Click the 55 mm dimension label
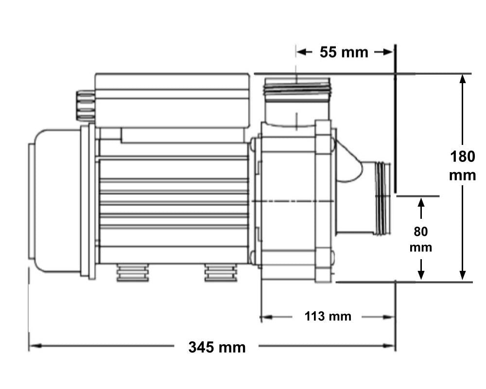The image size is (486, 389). point(344,53)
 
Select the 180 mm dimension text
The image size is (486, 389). point(462,166)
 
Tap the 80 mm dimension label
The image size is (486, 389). point(421,239)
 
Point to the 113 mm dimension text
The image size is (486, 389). point(328,317)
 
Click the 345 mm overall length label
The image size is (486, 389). point(217,347)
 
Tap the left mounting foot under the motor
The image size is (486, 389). point(132,273)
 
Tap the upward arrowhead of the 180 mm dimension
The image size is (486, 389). point(463,81)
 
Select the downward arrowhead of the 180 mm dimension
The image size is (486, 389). point(463,275)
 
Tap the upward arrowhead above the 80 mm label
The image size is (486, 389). point(421,202)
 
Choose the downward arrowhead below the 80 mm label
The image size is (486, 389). point(421,275)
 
